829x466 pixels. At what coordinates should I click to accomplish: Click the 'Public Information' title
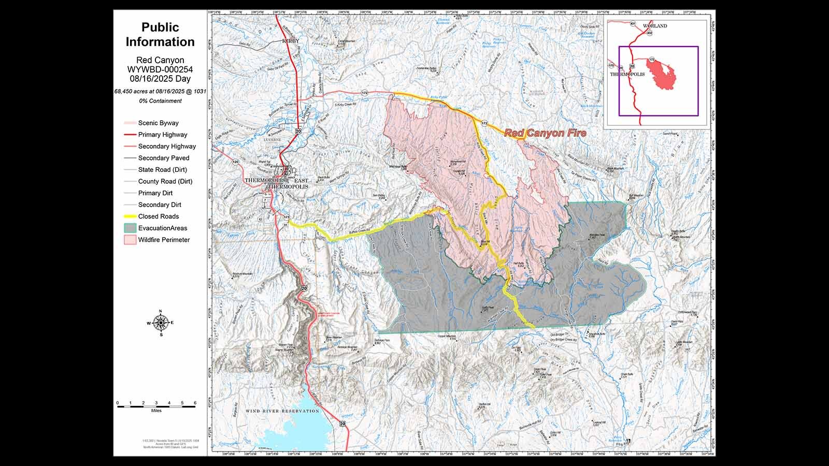[160, 35]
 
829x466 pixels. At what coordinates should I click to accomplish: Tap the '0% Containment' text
[160, 101]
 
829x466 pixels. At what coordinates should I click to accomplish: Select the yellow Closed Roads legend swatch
[130, 216]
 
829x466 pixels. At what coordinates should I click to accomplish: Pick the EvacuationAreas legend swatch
[130, 228]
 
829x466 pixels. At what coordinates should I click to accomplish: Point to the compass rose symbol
[161, 323]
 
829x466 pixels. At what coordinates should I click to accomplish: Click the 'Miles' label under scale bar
[156, 411]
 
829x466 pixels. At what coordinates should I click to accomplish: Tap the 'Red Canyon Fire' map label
[545, 133]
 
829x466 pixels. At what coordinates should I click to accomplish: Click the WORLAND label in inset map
[655, 26]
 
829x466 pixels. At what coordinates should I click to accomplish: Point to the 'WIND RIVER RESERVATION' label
[282, 411]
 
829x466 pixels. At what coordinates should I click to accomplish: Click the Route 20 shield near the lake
[342, 424]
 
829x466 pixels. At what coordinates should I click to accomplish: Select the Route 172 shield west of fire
[365, 93]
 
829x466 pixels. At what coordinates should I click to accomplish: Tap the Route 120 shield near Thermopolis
[236, 162]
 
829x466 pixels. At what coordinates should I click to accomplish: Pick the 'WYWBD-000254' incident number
[160, 70]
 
